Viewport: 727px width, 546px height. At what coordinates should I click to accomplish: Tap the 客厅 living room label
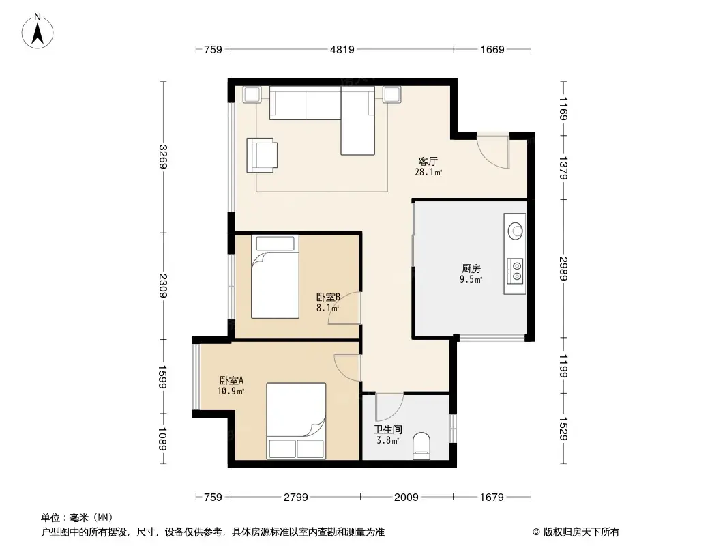click(428, 162)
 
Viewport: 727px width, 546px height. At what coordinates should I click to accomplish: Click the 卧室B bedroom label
click(328, 298)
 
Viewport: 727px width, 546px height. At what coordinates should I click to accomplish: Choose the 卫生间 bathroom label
click(387, 430)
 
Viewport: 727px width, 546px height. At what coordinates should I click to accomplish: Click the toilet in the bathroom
click(423, 446)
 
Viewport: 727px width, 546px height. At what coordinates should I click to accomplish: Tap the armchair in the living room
click(263, 155)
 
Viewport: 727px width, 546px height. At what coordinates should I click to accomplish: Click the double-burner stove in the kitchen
click(516, 270)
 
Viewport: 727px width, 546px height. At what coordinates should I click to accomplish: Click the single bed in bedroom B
click(275, 276)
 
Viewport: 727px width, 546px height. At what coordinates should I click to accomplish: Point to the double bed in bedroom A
click(296, 420)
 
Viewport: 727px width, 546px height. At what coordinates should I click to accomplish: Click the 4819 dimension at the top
click(342, 49)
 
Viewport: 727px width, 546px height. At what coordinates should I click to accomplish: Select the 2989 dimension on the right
click(563, 268)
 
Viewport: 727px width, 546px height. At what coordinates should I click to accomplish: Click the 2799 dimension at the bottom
click(296, 497)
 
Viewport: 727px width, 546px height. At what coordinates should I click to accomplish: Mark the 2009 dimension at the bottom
click(406, 497)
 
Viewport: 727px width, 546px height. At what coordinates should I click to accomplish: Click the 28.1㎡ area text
click(428, 173)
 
